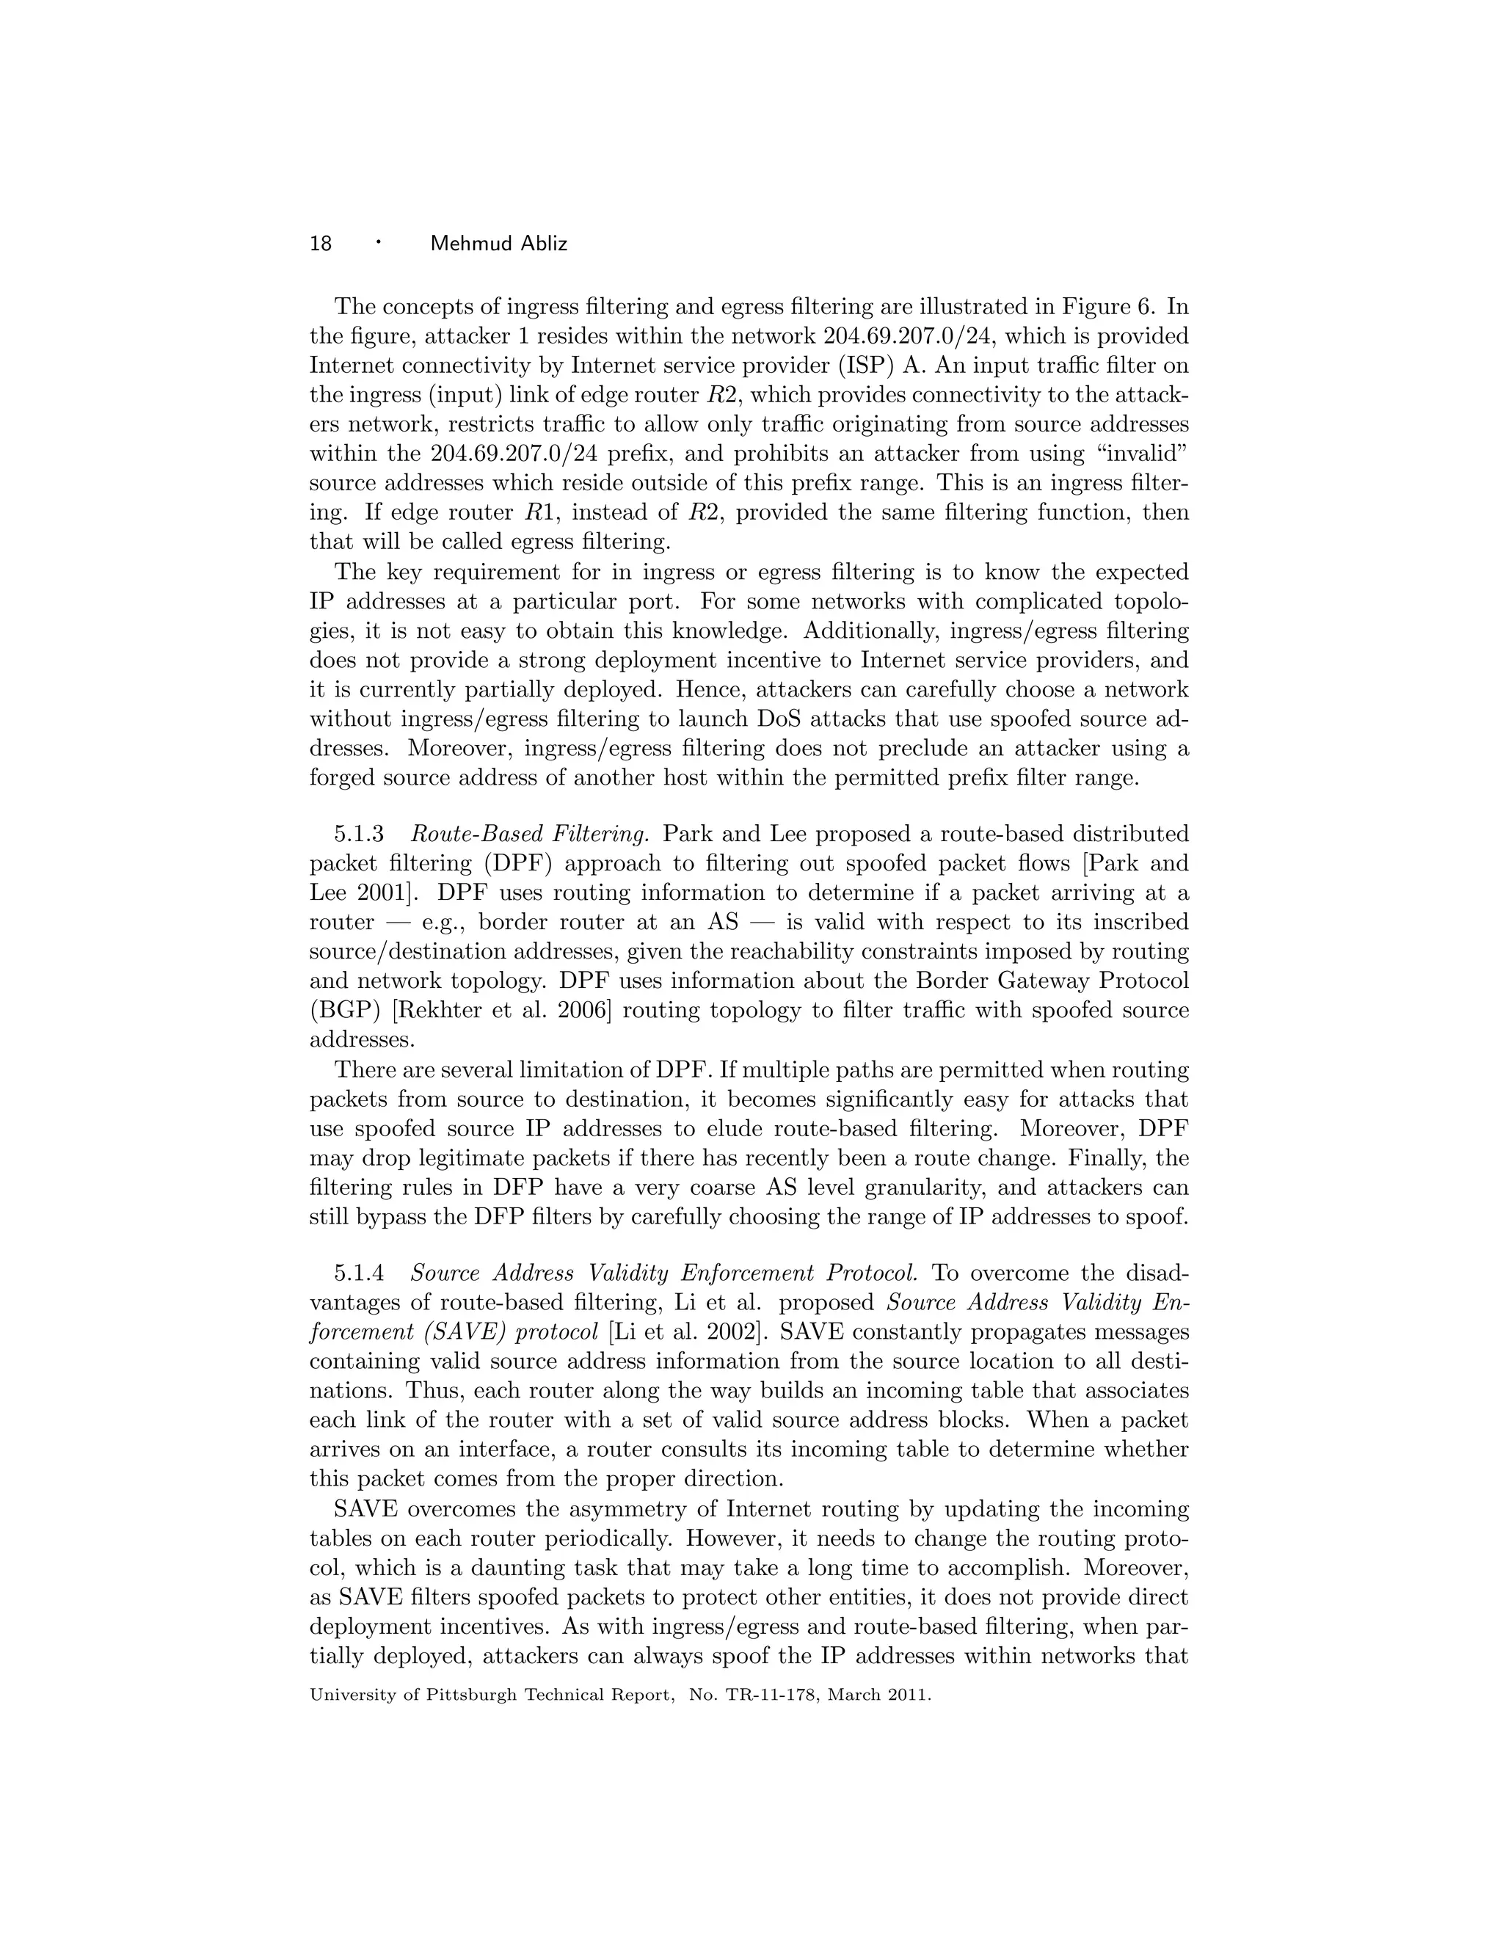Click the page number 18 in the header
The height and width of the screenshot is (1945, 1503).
pos(321,243)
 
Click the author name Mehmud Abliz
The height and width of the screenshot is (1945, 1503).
pos(498,243)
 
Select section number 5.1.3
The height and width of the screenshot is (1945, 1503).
pos(359,835)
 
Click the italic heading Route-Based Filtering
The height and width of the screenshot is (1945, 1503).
pos(529,835)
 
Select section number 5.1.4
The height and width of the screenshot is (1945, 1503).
pos(359,1273)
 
